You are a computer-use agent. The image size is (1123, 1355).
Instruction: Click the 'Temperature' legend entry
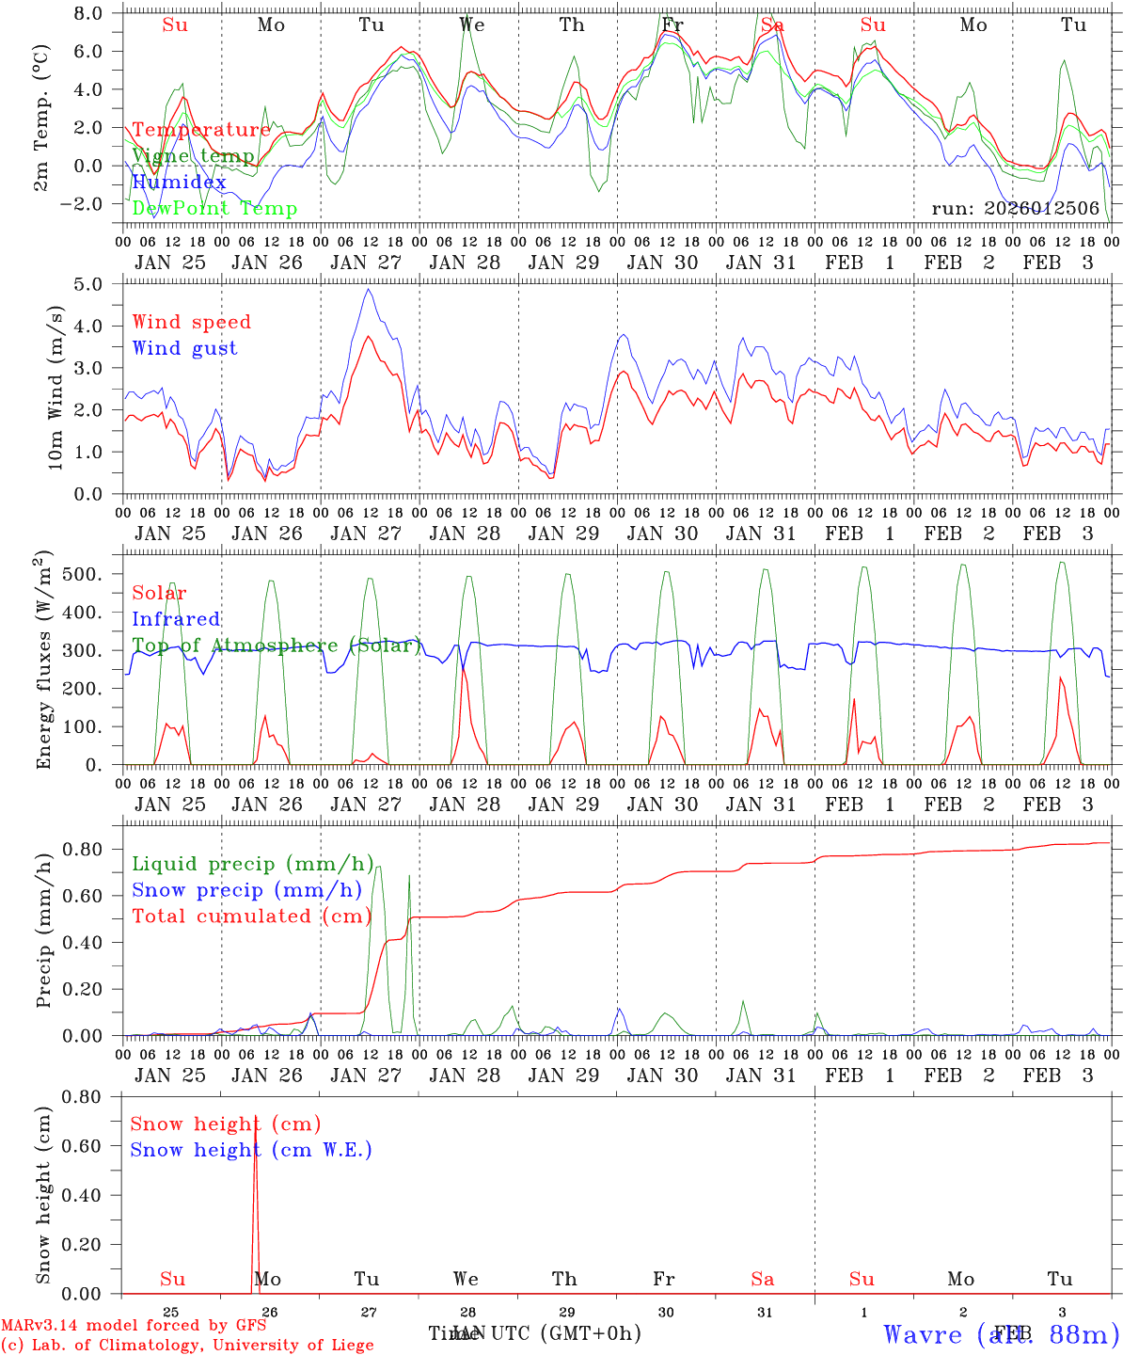[200, 130]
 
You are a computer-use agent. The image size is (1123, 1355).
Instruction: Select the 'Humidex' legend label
[179, 183]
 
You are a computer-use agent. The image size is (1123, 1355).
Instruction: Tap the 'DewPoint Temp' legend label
[214, 209]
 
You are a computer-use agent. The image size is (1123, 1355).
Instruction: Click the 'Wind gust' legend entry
[184, 348]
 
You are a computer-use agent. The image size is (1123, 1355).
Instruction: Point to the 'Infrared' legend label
[176, 619]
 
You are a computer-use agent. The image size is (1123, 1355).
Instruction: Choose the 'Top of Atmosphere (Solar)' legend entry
[277, 646]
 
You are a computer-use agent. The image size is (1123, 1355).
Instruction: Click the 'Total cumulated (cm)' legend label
[251, 917]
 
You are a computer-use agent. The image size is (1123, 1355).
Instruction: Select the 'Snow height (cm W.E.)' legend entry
[251, 1150]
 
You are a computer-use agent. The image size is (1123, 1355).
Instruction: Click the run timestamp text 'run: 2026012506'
[1016, 209]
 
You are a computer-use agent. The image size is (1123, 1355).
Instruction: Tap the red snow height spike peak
[255, 1116]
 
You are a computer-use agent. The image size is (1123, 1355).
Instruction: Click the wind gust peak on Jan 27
[369, 290]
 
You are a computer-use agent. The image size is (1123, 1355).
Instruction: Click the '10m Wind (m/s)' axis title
[55, 388]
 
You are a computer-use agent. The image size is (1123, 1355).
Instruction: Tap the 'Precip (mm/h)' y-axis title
[43, 932]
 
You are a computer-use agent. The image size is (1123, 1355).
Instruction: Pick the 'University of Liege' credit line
[187, 1346]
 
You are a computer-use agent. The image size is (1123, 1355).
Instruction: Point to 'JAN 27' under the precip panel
[366, 1076]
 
